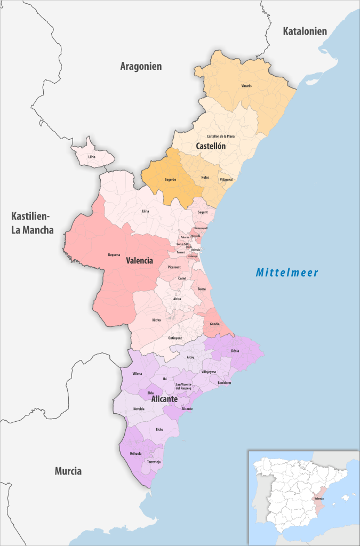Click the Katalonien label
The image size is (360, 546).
click(305, 31)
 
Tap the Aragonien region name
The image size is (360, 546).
click(141, 66)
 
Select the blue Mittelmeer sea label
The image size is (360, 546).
click(287, 273)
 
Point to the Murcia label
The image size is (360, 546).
click(68, 471)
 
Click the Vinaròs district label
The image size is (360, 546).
click(246, 85)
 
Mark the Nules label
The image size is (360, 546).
click(205, 177)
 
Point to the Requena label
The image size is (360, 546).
click(114, 255)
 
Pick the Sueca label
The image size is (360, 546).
click(202, 288)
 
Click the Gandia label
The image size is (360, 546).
click(214, 324)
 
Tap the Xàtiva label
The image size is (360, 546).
click(156, 320)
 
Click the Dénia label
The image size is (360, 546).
click(235, 351)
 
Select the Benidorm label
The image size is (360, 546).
click(225, 383)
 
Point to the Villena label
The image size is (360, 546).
click(138, 375)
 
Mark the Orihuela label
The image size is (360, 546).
click(135, 454)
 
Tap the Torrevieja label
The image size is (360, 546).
click(154, 461)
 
